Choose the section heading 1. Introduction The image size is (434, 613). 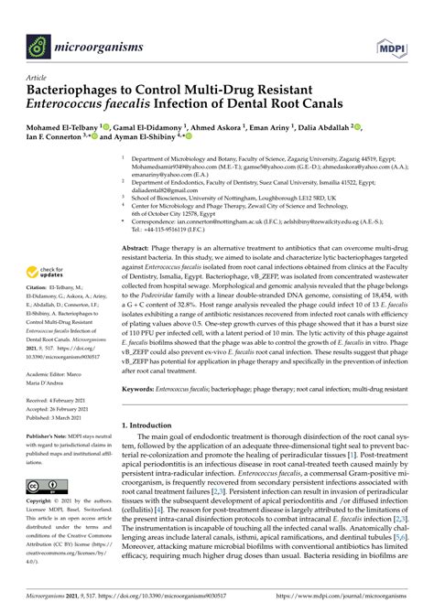coord(155,425)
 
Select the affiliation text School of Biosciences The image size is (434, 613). coord(162,197)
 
